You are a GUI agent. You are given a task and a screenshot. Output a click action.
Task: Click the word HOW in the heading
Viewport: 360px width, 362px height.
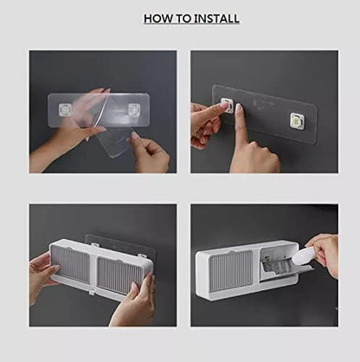coord(157,18)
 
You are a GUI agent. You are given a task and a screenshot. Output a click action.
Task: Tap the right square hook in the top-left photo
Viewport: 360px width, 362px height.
coord(137,107)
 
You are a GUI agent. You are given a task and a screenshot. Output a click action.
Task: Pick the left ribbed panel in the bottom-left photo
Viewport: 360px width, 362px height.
coord(74,268)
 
